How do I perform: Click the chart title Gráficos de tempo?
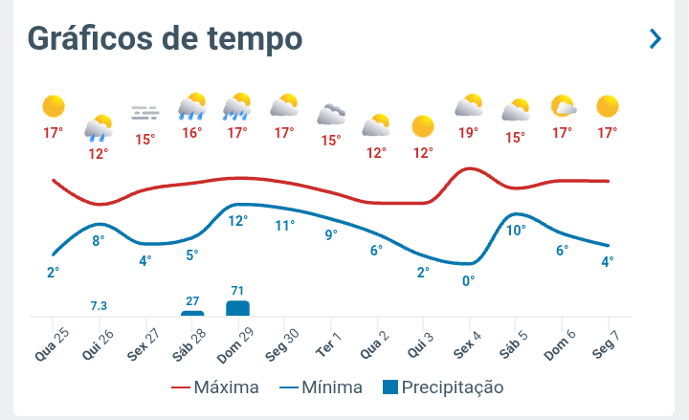pyautogui.click(x=165, y=38)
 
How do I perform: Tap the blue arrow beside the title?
pyautogui.click(x=656, y=38)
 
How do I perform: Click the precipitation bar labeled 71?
pyautogui.click(x=237, y=308)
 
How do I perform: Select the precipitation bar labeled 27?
pyautogui.click(x=192, y=313)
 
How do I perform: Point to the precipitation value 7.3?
pyautogui.click(x=99, y=305)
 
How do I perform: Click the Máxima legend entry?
pyautogui.click(x=215, y=387)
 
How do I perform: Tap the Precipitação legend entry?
pyautogui.click(x=442, y=387)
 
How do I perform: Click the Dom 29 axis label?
pyautogui.click(x=235, y=343)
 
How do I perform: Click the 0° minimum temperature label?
pyautogui.click(x=468, y=280)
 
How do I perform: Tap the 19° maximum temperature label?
pyautogui.click(x=468, y=133)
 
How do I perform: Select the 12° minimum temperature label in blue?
pyautogui.click(x=237, y=220)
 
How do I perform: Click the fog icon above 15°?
pyautogui.click(x=144, y=113)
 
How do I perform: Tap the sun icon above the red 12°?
pyautogui.click(x=422, y=125)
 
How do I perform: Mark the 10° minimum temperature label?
pyautogui.click(x=516, y=230)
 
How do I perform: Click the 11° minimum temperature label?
pyautogui.click(x=285, y=226)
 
